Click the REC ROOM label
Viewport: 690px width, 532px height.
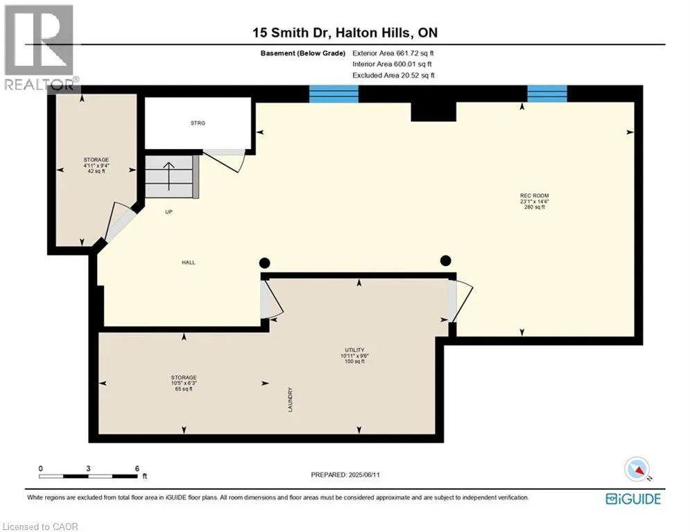[534, 196]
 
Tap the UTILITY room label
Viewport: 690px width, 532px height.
[354, 350]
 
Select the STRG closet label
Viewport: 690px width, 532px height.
[198, 123]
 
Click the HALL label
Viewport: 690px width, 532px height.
[189, 263]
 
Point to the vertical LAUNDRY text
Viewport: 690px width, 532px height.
[291, 400]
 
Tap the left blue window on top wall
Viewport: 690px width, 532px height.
[333, 94]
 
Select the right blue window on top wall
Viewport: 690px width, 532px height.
[547, 94]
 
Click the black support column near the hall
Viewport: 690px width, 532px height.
[264, 263]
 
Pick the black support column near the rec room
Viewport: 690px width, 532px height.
[446, 260]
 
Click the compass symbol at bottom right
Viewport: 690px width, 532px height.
[637, 470]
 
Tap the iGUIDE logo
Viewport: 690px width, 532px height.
[633, 499]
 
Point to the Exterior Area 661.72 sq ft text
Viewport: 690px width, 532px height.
[393, 53]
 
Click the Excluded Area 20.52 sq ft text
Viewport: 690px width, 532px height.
[393, 75]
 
